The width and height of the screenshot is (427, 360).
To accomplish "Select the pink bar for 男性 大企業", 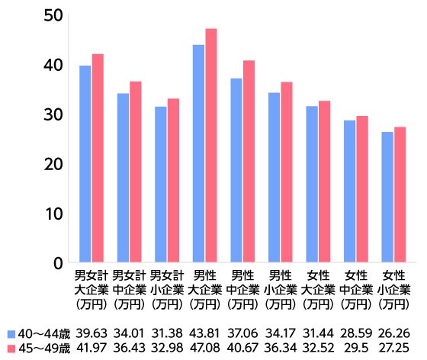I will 211,146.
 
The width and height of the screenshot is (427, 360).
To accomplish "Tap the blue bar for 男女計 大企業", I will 85,164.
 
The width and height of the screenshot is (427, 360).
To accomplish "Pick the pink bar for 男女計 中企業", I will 135,172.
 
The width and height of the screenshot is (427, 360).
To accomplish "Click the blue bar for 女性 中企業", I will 349,191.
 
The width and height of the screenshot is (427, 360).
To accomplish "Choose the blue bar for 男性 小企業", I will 274,178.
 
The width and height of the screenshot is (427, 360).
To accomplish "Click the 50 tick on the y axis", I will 52,15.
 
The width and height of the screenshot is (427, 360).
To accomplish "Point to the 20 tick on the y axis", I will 52,164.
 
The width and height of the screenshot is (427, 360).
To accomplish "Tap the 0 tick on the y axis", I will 56,263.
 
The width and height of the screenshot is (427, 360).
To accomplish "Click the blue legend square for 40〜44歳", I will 11,334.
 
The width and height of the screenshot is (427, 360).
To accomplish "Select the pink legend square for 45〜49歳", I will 11,349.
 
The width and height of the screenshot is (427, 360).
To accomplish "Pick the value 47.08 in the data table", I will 204,349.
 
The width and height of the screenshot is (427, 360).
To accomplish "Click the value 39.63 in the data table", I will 91,334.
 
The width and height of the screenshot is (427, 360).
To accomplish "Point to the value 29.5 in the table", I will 355,349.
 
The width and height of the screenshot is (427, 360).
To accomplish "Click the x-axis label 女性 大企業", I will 318,289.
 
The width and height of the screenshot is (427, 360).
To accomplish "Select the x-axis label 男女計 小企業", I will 167,289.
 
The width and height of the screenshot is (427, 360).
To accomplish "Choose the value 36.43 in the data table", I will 129,349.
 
